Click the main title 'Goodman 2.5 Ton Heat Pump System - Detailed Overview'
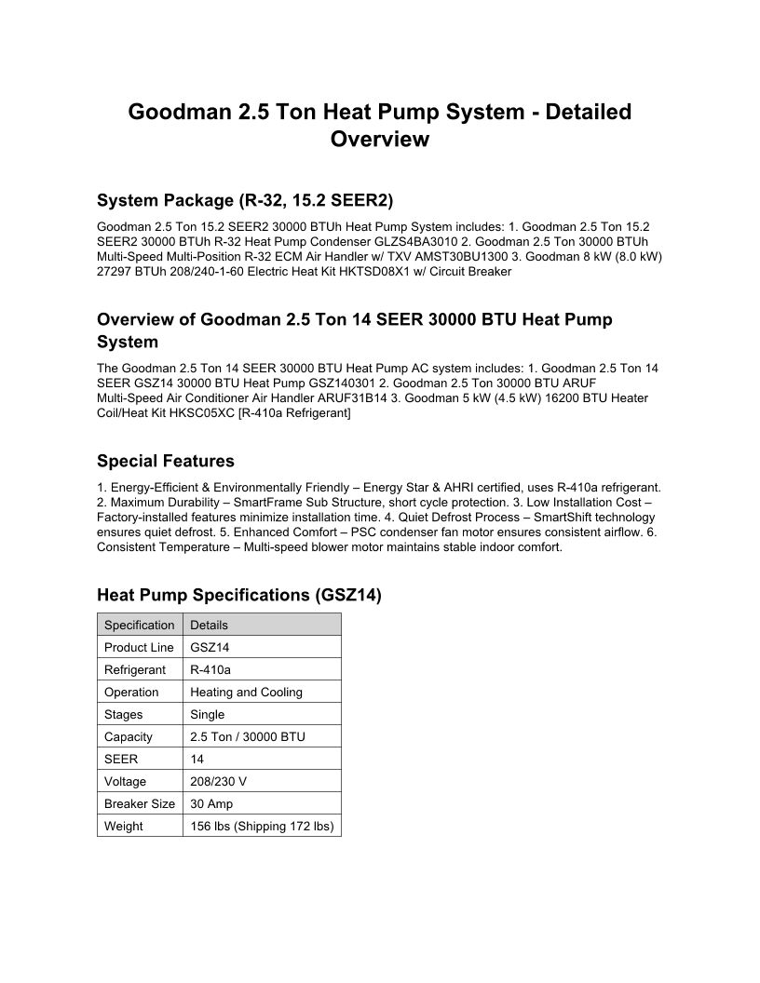pyautogui.click(x=379, y=126)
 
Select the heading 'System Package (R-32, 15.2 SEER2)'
pyautogui.click(x=245, y=201)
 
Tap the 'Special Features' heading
pyautogui.click(x=166, y=462)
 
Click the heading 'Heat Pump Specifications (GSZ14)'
pyautogui.click(x=238, y=597)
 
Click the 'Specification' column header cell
pyautogui.click(x=139, y=626)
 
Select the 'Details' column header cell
pyautogui.click(x=209, y=626)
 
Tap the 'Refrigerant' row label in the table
pyautogui.click(x=135, y=670)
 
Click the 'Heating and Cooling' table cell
pyautogui.click(x=246, y=693)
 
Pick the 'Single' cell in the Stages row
pyautogui.click(x=207, y=715)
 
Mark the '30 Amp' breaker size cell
pyautogui.click(x=211, y=804)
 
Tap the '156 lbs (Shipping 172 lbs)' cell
pyautogui.click(x=262, y=827)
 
